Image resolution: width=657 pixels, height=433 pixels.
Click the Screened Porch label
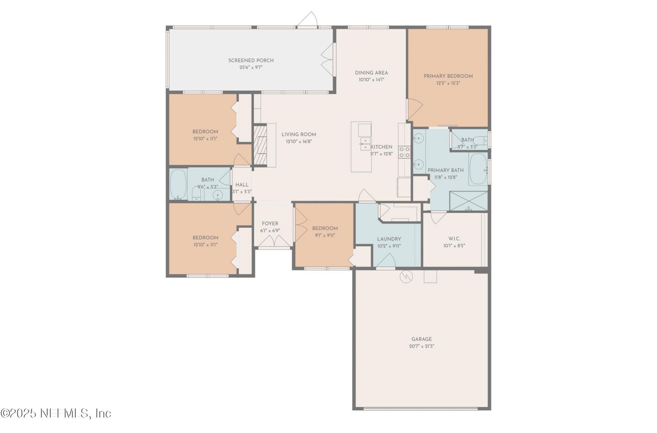[x=251, y=61]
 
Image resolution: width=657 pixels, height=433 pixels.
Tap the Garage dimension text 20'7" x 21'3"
[x=421, y=346]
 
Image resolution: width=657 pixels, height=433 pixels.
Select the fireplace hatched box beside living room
[x=260, y=145]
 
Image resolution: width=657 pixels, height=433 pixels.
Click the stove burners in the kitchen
[x=404, y=152]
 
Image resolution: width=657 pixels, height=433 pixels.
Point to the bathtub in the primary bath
[x=478, y=169]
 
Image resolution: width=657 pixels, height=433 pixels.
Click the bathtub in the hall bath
[x=178, y=184]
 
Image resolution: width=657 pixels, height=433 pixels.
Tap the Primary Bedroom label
[x=448, y=76]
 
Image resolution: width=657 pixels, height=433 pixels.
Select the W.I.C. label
[x=454, y=238]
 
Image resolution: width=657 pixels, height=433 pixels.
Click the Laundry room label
[x=389, y=239]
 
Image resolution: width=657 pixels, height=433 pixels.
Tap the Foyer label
[x=270, y=223]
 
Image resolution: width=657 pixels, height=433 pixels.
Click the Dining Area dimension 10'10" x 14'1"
[x=371, y=79]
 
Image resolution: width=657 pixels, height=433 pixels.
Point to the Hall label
[x=242, y=185]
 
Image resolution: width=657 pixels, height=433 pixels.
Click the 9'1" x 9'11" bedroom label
[x=325, y=235]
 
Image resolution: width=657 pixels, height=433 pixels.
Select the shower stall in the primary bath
[x=468, y=201]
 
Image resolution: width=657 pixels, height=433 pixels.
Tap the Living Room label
[x=298, y=135]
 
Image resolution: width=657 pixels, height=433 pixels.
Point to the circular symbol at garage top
[x=405, y=276]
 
